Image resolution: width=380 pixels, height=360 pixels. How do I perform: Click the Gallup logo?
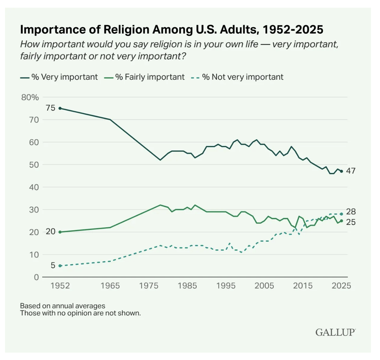[x=335, y=332]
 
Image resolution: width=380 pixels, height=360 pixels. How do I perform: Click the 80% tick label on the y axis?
[x=30, y=98]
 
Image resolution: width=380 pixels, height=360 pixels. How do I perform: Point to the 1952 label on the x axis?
[x=60, y=286]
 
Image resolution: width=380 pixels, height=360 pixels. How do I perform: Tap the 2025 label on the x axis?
[x=341, y=286]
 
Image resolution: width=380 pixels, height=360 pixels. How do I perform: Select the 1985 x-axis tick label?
[x=187, y=286]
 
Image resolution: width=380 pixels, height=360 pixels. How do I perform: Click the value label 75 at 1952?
[x=51, y=108]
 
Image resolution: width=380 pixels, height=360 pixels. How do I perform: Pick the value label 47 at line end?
[x=351, y=171]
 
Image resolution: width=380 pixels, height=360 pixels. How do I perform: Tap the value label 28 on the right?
[x=351, y=212]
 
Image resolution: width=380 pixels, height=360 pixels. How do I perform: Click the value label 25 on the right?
[x=351, y=222]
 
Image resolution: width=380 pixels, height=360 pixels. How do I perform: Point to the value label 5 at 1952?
[x=53, y=265]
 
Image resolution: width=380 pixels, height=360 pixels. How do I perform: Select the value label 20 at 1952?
[x=51, y=232]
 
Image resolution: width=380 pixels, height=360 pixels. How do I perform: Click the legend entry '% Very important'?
[x=59, y=77]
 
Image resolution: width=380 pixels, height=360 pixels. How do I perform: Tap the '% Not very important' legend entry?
[x=238, y=77]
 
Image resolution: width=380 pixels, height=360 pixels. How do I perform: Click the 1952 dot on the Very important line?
[x=60, y=108]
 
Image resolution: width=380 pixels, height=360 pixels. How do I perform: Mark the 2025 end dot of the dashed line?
[x=341, y=214]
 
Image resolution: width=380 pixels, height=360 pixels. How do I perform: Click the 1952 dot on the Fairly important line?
[x=60, y=232]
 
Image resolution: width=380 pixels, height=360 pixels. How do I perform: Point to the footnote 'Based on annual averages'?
[x=63, y=306]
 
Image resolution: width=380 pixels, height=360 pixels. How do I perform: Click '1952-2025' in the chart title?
[x=293, y=29]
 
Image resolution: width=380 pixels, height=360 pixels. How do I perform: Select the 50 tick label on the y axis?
[x=33, y=165]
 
